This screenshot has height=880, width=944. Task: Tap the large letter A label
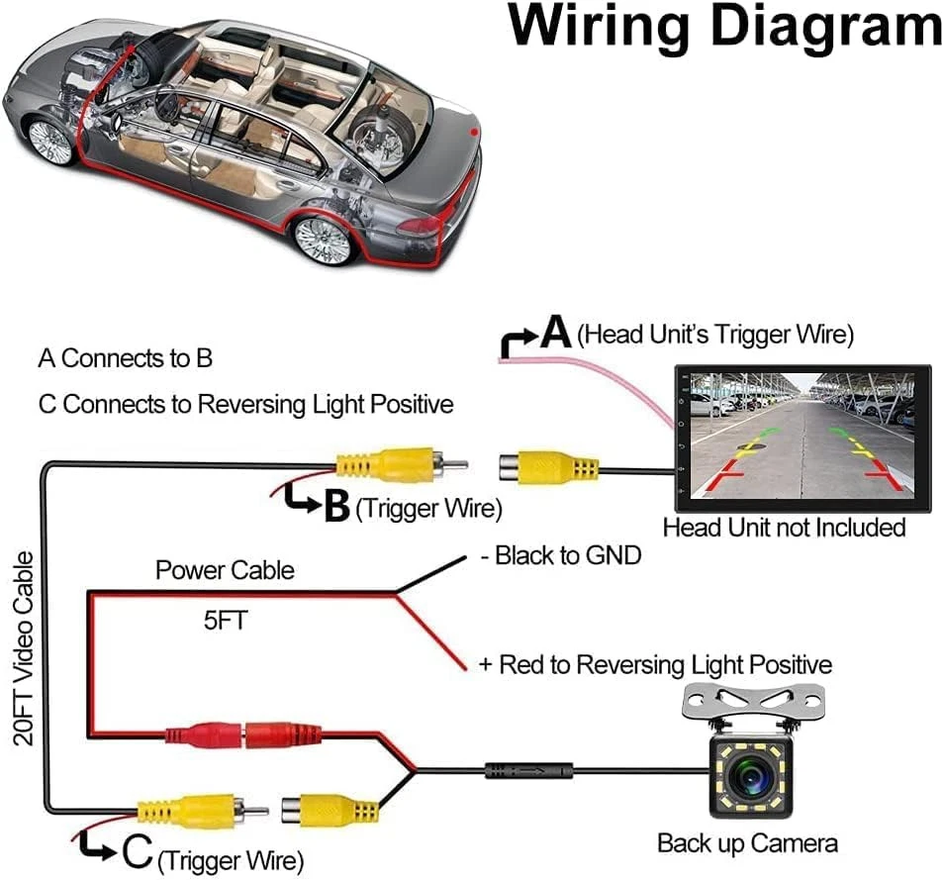(556, 333)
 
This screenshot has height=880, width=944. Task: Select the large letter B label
(336, 507)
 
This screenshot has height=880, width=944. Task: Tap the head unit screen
(802, 437)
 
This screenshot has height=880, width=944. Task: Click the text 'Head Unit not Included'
(784, 528)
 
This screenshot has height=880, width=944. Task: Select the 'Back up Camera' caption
(747, 844)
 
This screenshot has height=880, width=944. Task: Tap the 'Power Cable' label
(225, 571)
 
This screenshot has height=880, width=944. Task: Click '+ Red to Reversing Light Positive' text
(655, 664)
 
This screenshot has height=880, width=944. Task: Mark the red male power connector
(202, 735)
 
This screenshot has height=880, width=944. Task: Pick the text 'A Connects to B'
(126, 358)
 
